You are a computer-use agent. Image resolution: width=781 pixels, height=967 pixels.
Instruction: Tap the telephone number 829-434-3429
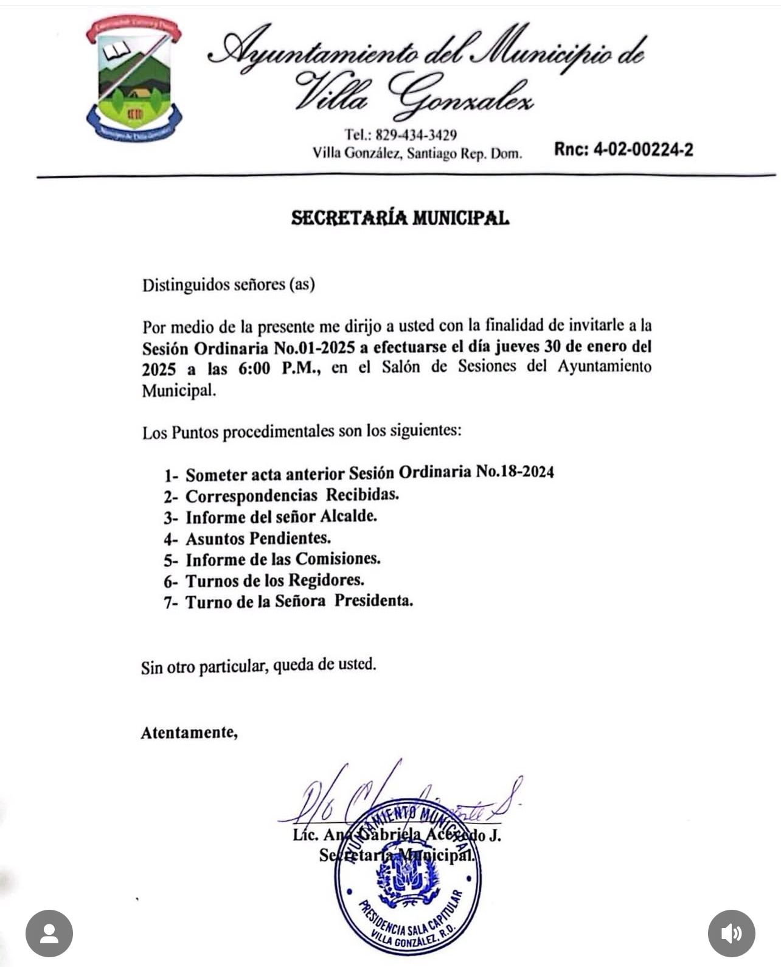pos(416,134)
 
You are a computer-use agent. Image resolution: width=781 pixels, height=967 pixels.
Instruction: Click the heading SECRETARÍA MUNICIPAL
pos(400,218)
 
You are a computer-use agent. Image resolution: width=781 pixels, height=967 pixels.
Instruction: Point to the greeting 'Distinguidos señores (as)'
pos(228,284)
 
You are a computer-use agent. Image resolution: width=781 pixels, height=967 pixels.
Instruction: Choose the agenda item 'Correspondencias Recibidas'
pos(292,495)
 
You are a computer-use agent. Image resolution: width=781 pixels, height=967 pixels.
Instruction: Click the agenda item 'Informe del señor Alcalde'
pos(281,517)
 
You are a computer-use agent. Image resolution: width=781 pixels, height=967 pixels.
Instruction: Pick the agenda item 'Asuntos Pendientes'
pos(258,538)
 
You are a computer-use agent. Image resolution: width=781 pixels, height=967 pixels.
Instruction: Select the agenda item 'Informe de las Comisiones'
pos(283,559)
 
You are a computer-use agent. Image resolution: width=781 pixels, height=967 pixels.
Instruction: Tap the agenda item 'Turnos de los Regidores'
pos(274,581)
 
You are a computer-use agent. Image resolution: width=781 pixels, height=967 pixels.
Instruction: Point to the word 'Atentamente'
pos(189,732)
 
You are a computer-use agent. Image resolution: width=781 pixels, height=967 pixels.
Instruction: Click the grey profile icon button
pos(49,934)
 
